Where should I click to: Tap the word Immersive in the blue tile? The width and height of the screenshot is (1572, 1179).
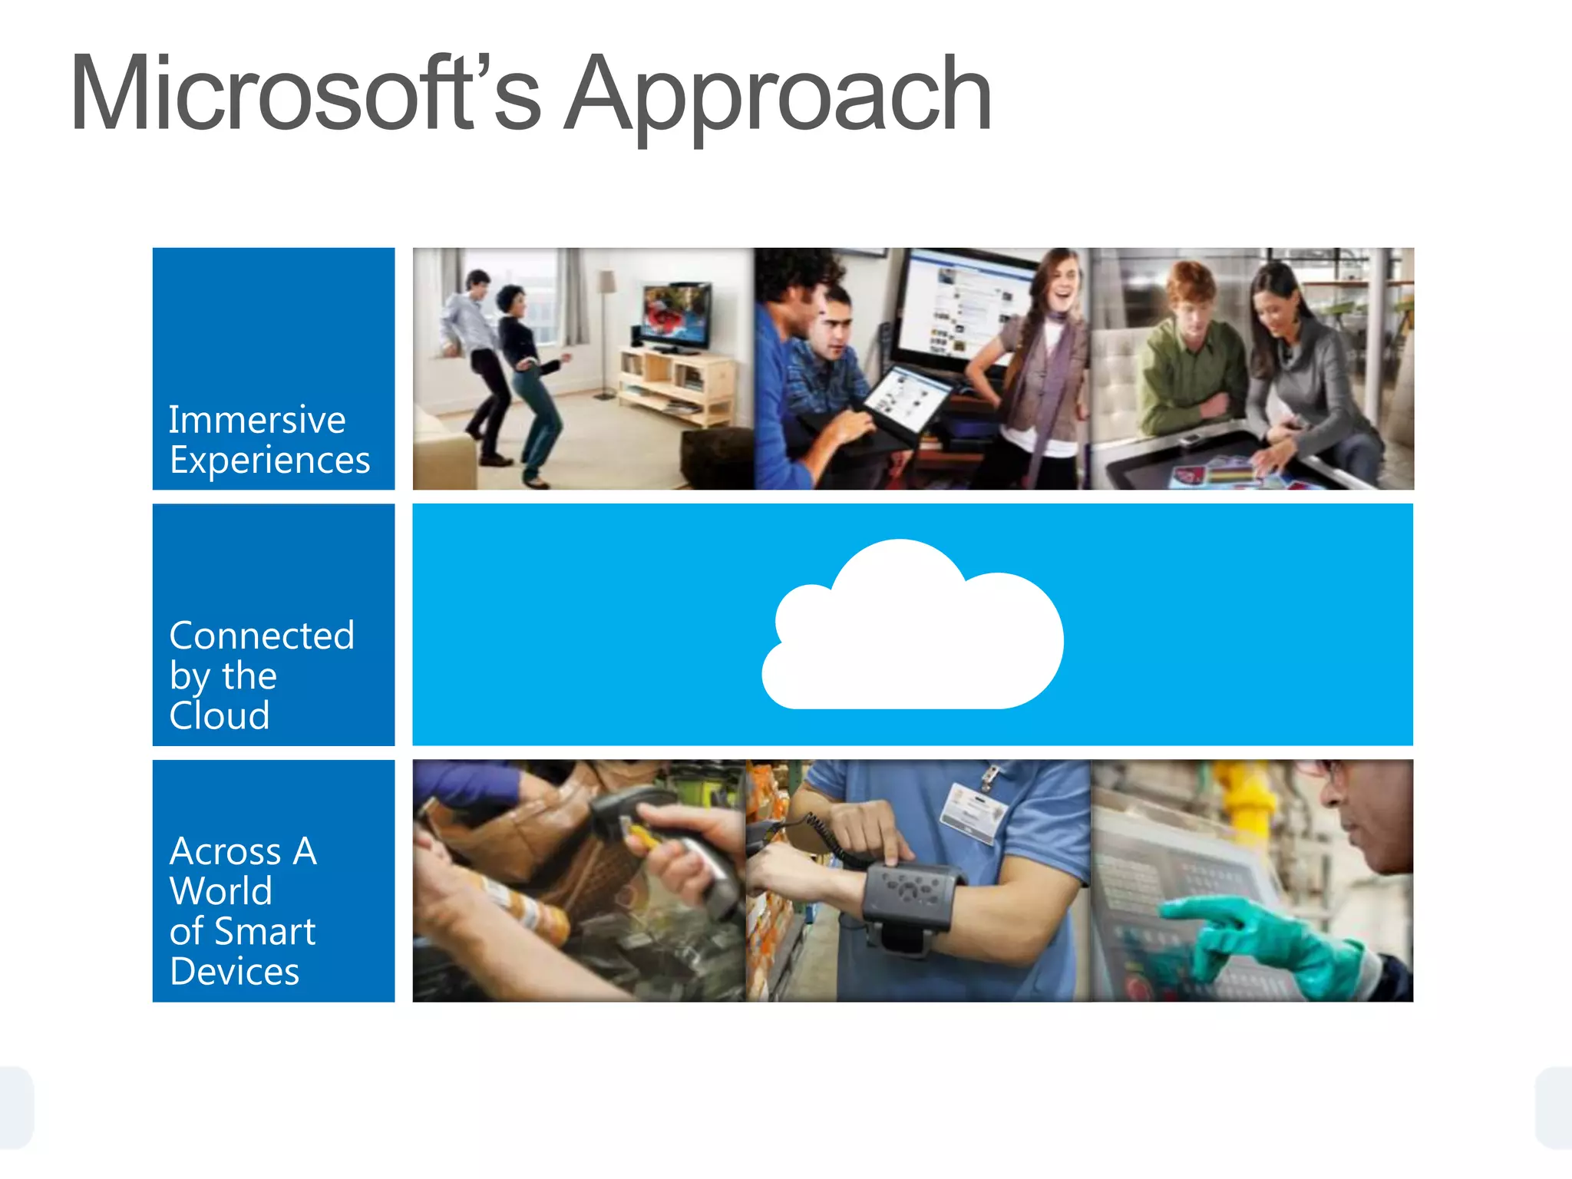pos(257,420)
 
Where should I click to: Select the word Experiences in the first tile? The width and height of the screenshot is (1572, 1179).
pos(269,461)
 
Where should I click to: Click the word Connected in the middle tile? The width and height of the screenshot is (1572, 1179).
pos(262,636)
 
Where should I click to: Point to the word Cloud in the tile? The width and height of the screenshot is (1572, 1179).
pos(220,715)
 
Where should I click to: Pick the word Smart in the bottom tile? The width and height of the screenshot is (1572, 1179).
pos(265,932)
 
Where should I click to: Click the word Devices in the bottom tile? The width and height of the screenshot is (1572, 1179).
pos(234,972)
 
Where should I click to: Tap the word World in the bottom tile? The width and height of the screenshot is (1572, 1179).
pos(221,891)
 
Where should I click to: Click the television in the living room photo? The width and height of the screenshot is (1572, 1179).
pos(675,316)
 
